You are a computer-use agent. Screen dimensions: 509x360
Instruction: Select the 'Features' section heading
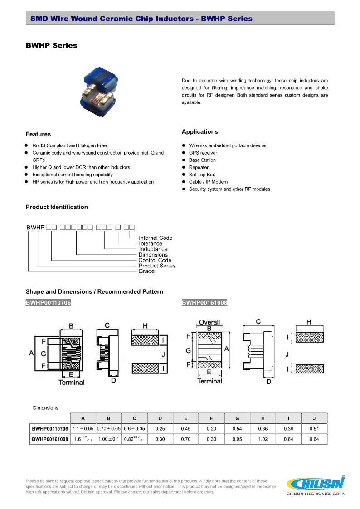[x=38, y=134]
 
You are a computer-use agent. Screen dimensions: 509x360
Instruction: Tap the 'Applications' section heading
[x=199, y=132]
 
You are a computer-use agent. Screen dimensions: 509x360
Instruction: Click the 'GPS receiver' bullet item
[x=203, y=153]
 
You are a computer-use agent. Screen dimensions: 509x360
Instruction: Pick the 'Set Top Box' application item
[x=202, y=175]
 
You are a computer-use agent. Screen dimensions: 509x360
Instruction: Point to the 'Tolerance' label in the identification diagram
[x=150, y=243]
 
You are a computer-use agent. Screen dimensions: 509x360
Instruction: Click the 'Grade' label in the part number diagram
[x=146, y=271]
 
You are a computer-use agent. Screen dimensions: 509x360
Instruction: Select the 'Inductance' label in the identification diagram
[x=153, y=249]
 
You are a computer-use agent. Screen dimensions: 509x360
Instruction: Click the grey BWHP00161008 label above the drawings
[x=204, y=302]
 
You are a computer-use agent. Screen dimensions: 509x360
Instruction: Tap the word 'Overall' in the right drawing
[x=209, y=322]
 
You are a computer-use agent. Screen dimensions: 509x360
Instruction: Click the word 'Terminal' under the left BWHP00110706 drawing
[x=71, y=383]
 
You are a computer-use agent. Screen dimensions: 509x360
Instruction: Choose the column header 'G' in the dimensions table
[x=237, y=418]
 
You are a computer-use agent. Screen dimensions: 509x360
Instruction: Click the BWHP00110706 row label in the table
[x=50, y=429]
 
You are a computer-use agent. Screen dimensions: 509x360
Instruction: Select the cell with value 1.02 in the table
[x=263, y=439]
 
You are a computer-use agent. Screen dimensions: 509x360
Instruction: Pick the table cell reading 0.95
[x=237, y=439]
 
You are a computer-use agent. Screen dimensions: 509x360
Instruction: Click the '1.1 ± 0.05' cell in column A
[x=83, y=429]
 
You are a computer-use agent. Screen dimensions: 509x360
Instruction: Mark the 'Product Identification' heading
[x=57, y=207]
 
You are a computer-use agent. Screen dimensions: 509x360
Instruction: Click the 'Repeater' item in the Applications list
[x=199, y=167]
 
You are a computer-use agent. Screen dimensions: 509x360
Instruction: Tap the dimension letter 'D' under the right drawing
[x=268, y=382]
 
